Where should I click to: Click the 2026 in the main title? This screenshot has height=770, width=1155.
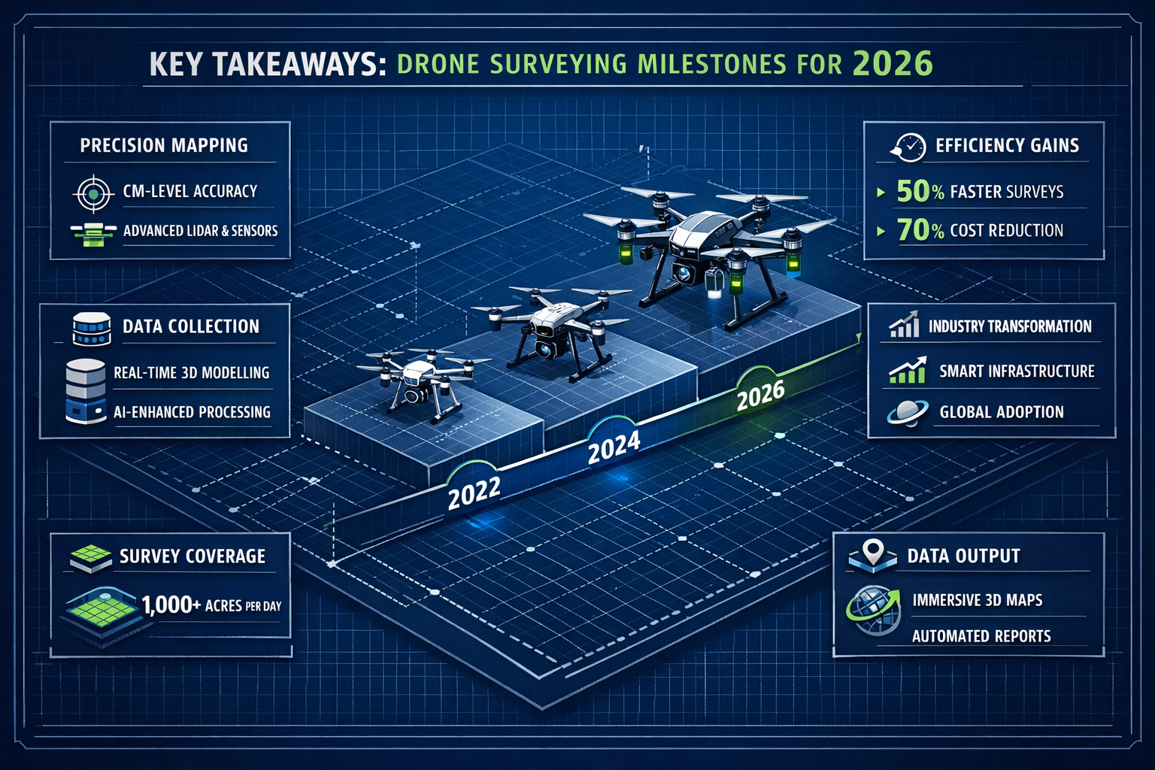[893, 63]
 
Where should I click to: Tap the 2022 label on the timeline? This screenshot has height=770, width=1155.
[474, 493]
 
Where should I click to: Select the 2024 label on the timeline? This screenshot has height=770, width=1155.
[614, 447]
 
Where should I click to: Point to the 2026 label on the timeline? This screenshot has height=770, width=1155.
[760, 395]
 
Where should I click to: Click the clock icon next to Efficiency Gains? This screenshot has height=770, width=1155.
[909, 147]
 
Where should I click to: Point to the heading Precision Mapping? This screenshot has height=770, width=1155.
[164, 145]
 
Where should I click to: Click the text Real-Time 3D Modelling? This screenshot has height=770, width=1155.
[191, 372]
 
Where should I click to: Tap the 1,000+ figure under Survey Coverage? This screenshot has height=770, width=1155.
[171, 605]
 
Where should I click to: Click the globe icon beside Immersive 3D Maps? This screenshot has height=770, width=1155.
[873, 611]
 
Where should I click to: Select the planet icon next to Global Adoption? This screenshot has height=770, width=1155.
[907, 413]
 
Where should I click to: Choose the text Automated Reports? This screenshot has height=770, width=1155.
[981, 636]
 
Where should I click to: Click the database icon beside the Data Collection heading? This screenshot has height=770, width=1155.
[92, 329]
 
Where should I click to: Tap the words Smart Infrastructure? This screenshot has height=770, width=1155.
[1017, 371]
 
